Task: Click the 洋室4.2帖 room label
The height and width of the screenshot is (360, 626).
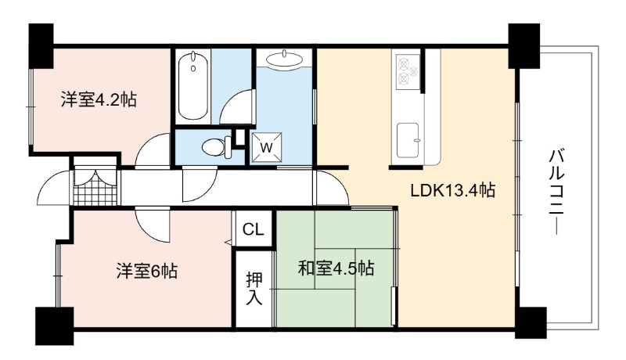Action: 99,99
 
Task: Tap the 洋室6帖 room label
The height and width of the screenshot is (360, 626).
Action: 146,272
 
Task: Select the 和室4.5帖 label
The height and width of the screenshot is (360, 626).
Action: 336,268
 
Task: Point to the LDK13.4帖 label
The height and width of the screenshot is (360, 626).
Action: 453,190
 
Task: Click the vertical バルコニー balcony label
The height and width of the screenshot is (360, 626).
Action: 556,191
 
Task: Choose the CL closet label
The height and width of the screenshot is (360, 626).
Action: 254,229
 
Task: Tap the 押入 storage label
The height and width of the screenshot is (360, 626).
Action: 254,288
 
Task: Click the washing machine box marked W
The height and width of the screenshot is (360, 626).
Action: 266,147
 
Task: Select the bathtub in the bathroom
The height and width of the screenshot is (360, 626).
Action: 192,86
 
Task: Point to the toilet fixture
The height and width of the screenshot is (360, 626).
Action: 217,147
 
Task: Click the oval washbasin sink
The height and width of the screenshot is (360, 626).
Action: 283,59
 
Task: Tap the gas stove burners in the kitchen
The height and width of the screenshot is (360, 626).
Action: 408,72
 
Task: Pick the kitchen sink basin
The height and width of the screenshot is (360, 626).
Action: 408,139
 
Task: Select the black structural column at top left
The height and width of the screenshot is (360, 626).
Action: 41,45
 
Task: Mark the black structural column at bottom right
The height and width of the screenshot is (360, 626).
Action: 531,322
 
